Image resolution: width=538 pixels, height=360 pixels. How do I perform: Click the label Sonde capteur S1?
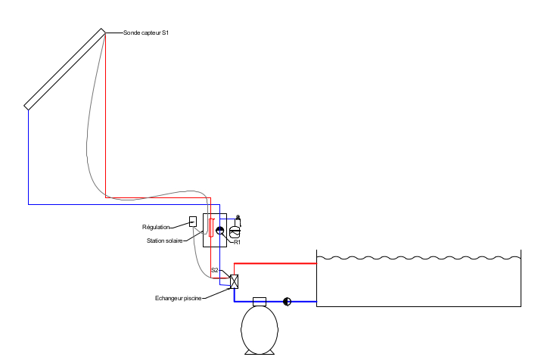(x=146, y=33)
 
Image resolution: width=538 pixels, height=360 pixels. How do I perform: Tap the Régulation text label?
(x=156, y=227)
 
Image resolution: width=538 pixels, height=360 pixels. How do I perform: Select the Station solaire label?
(x=165, y=241)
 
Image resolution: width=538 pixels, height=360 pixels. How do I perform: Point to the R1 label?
(x=237, y=243)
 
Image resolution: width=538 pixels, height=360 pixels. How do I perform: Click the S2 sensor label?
(x=215, y=270)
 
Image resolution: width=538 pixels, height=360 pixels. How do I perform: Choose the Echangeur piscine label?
(x=178, y=298)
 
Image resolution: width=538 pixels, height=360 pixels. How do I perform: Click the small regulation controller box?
(x=193, y=222)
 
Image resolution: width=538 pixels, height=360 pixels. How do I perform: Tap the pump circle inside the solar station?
(x=220, y=231)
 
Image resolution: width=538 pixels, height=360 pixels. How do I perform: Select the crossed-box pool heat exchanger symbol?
(x=234, y=281)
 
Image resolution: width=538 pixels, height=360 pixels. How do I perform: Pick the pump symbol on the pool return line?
(x=288, y=302)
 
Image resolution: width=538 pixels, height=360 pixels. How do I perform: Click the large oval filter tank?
(x=260, y=330)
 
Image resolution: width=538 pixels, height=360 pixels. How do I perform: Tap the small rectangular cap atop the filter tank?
(x=260, y=302)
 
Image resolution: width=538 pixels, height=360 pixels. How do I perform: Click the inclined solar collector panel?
(x=65, y=70)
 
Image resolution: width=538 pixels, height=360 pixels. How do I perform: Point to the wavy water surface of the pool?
(x=418, y=258)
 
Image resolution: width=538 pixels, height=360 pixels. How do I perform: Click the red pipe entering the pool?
(x=275, y=263)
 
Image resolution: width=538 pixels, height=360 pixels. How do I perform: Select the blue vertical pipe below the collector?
(x=29, y=157)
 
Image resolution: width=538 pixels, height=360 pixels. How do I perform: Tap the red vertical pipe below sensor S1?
(x=105, y=115)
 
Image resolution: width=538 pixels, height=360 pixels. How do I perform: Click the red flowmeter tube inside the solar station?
(x=211, y=228)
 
